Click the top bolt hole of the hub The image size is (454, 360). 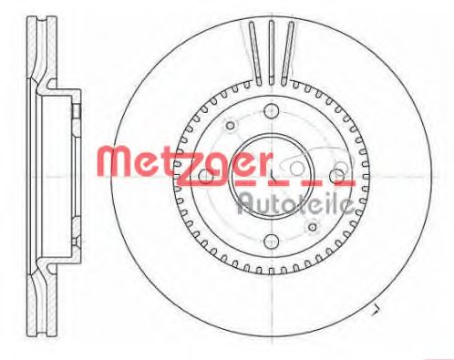(272, 109)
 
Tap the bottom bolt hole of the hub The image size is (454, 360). (272, 242)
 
